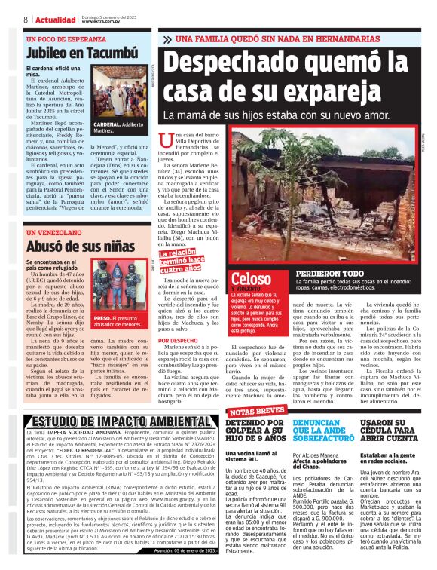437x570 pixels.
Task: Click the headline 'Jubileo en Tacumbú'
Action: point(81,53)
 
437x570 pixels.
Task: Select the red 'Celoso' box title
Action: point(252,279)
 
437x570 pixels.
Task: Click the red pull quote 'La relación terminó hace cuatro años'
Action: point(181,260)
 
